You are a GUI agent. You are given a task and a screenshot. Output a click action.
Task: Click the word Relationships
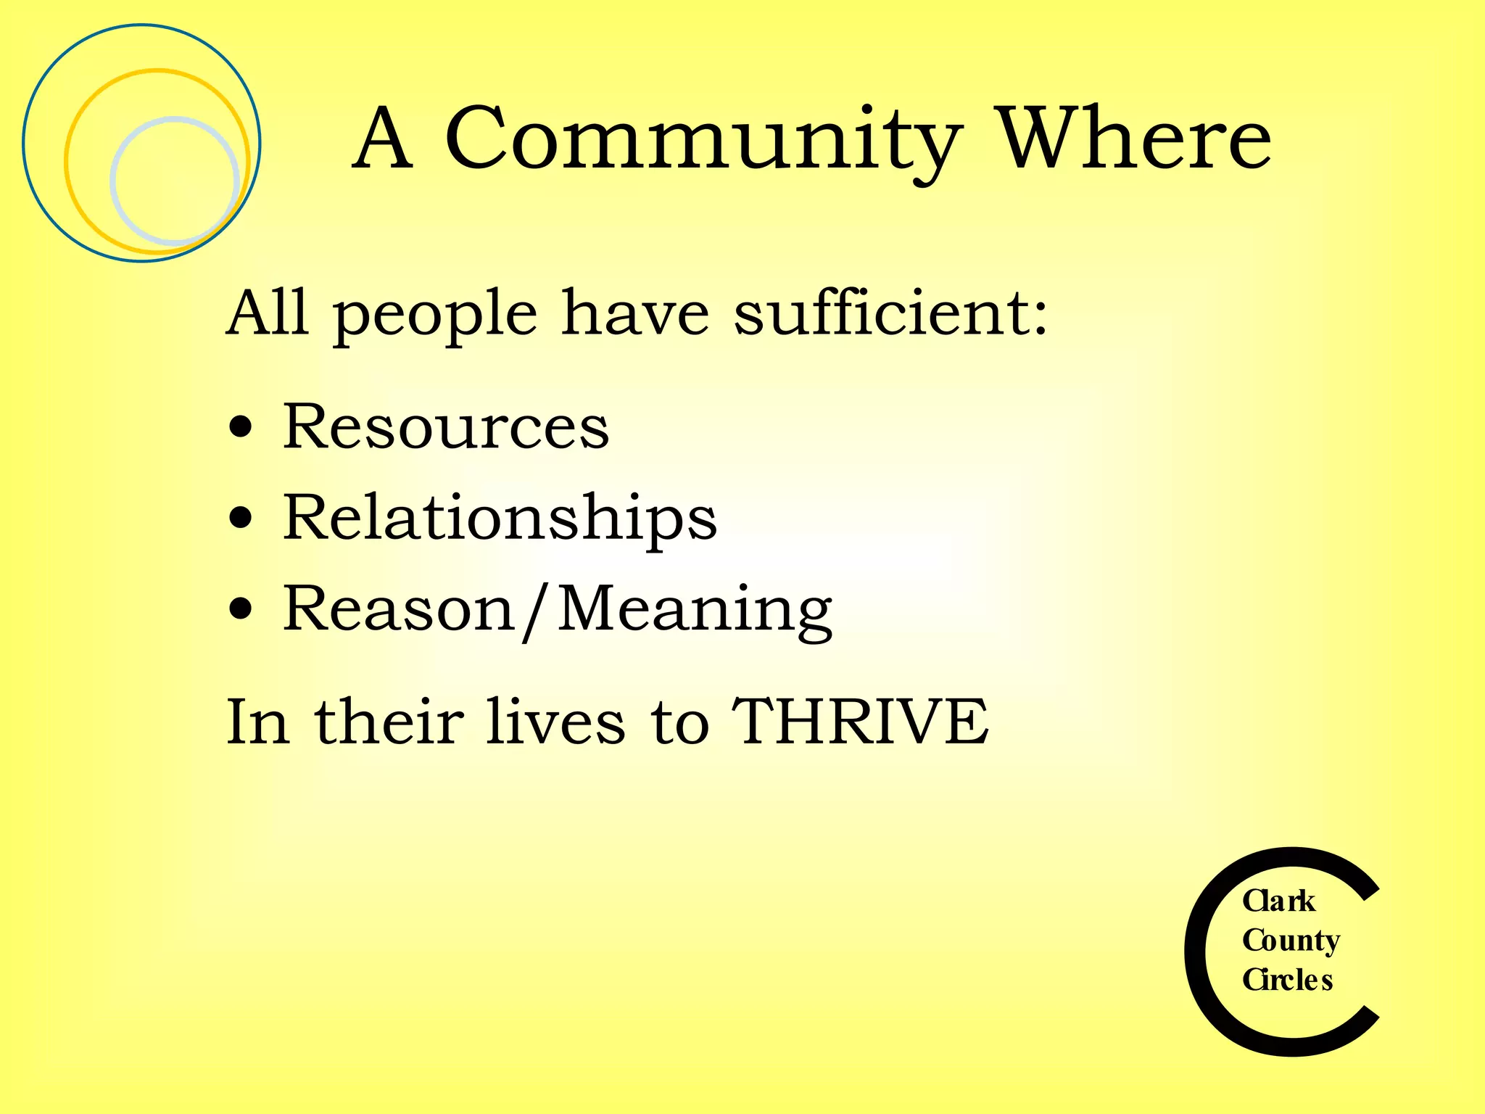coord(500,518)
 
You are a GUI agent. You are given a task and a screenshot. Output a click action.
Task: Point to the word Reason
coord(398,609)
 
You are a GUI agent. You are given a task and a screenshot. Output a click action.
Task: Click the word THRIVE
coord(860,721)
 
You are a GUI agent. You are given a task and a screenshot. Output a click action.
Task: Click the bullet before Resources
coord(240,427)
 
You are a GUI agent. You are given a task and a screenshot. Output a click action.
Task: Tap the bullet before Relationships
coord(240,519)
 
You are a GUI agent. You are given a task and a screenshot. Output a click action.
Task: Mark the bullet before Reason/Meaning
coord(240,610)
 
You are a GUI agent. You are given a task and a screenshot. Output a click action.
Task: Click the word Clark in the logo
coord(1278,901)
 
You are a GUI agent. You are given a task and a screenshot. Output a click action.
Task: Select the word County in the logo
coord(1291,941)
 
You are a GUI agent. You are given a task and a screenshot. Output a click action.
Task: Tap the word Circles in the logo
coord(1288,980)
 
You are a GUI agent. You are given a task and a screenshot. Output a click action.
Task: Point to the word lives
coord(555,721)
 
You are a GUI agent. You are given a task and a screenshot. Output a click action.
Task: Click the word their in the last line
coord(389,721)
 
